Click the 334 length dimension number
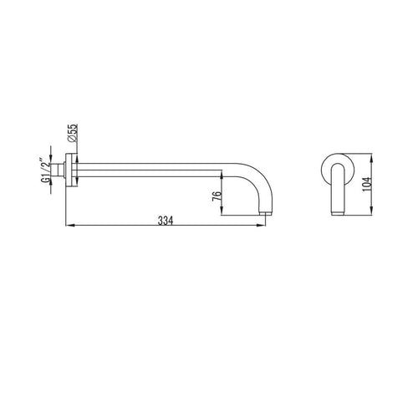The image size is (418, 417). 166,221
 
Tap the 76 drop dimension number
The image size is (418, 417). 217,196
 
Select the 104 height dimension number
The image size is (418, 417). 367,184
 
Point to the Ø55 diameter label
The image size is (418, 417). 72,133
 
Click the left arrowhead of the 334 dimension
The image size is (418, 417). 69,226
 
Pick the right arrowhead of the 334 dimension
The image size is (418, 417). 262,226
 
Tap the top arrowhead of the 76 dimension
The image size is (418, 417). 221,175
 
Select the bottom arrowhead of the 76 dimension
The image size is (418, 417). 221,211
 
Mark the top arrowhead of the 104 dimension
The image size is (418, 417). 371,157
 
